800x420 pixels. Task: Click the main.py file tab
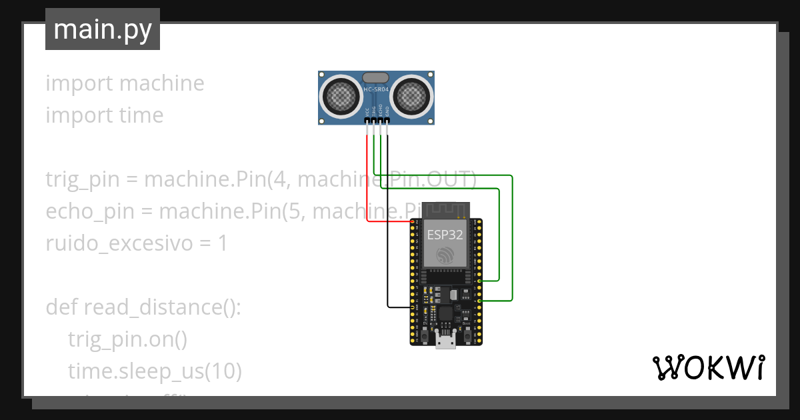[102, 29]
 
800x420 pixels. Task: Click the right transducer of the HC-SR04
[410, 96]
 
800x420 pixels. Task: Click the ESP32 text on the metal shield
[445, 234]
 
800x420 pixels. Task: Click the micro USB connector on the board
[445, 341]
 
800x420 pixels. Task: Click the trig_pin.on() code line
[127, 339]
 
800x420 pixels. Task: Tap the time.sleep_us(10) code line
[155, 371]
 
